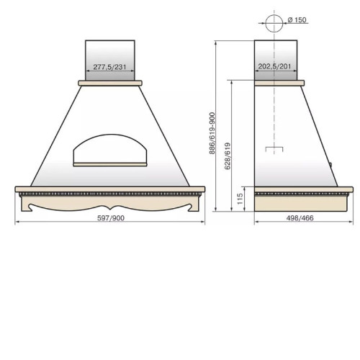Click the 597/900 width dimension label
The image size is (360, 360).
[111, 218]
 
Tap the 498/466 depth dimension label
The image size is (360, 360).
[300, 218]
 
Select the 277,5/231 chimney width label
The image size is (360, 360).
[109, 67]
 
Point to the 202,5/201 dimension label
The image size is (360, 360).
[274, 66]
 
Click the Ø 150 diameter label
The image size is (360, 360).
[297, 20]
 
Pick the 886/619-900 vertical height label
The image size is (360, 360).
[212, 133]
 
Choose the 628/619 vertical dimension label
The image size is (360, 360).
[228, 156]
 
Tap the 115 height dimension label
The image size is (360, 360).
[240, 199]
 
